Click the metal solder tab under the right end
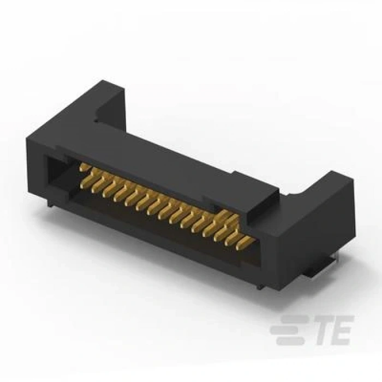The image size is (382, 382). (322, 267)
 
